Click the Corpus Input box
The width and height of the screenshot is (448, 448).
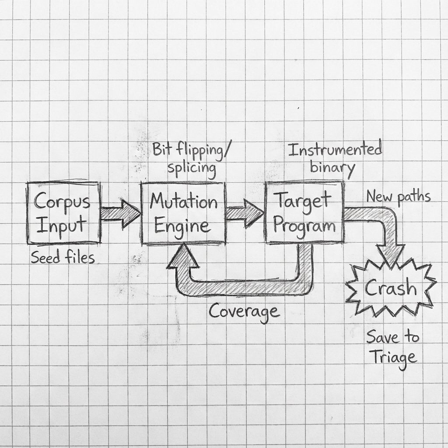63,213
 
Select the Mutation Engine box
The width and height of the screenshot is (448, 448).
183,213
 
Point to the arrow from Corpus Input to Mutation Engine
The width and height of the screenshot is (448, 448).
119,213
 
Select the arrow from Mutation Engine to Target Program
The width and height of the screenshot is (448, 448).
244,213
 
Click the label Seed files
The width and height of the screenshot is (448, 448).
63,258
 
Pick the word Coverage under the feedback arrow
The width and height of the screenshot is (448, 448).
243,311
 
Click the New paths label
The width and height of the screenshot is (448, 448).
398,196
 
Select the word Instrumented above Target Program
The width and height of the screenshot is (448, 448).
335,150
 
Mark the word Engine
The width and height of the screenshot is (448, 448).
182,226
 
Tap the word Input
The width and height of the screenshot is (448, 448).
61,226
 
